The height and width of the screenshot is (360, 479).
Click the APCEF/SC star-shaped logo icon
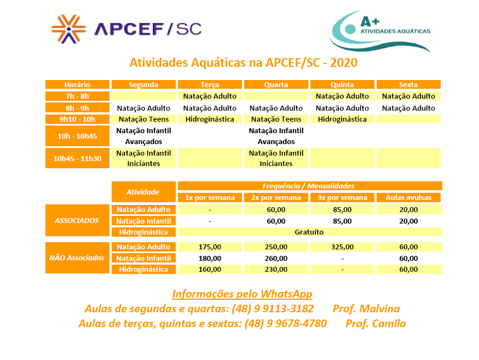coord(68,28)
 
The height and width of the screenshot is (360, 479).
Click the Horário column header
coord(77,85)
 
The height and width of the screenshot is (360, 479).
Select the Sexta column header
coord(408,85)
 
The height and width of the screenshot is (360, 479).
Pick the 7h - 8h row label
coord(77,96)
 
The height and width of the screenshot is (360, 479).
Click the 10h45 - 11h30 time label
coord(77,158)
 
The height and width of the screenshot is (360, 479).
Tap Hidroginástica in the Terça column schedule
coord(210,119)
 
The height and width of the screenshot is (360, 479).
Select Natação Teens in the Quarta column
coord(276,119)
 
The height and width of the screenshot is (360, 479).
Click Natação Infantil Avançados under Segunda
coord(144,136)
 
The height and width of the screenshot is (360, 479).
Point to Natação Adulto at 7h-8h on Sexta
coord(408,96)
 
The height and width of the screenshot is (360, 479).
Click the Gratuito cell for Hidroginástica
coord(309,232)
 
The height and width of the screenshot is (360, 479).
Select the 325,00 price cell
coord(342,247)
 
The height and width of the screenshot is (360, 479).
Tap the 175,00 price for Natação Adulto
coord(210,247)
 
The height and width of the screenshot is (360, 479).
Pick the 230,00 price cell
coord(276,270)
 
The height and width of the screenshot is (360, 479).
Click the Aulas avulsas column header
coord(408,198)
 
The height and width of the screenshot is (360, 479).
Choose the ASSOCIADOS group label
coord(77,221)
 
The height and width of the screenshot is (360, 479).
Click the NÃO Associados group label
coord(77,258)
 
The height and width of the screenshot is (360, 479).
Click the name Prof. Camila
coord(376,324)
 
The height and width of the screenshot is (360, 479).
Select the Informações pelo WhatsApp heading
coord(242,294)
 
